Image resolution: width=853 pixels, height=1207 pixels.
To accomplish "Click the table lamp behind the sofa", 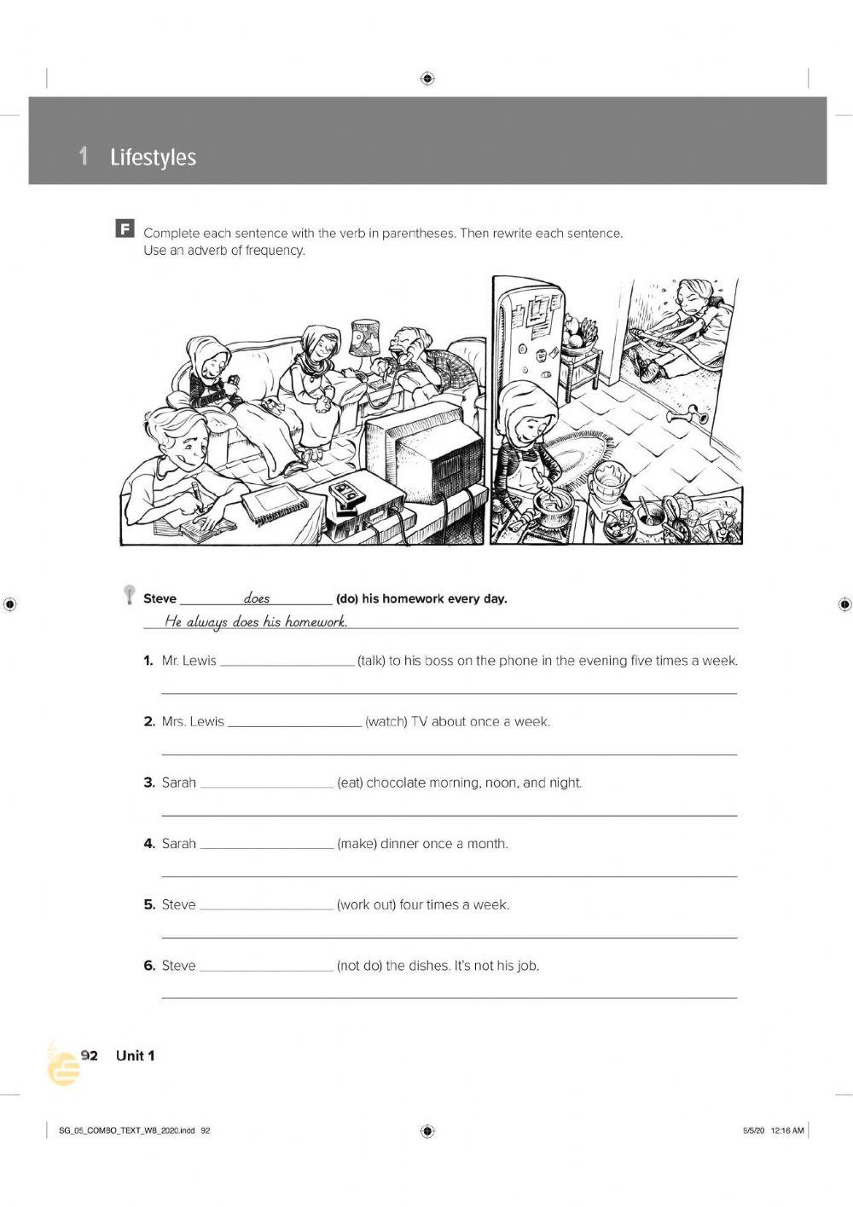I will tap(365, 339).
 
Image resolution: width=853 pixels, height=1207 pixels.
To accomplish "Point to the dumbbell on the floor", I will tap(687, 416).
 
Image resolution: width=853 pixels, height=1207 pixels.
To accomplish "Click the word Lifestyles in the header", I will tap(153, 158).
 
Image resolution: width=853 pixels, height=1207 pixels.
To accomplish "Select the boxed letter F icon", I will tap(125, 228).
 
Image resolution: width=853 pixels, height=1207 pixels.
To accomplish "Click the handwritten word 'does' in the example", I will tap(257, 598).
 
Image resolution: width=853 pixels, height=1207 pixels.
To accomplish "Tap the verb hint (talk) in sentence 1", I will tap(371, 661).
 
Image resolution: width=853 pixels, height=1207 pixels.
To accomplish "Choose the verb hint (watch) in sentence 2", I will tap(386, 722).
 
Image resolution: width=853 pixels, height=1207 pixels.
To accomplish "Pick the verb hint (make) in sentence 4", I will tap(357, 844).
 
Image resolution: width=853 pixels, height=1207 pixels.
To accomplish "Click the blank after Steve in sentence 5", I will tap(266, 907).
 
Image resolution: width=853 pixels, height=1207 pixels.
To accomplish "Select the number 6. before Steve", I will tap(149, 966).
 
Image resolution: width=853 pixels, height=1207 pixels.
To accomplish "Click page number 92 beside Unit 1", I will tap(90, 1056).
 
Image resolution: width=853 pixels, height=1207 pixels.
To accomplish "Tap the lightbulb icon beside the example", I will tap(129, 593).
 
